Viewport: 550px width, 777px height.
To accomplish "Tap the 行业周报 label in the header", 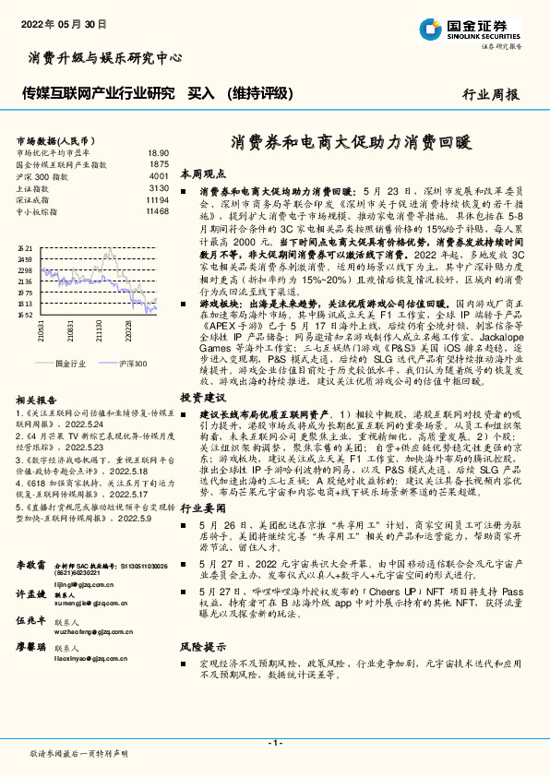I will pyautogui.click(x=490, y=93).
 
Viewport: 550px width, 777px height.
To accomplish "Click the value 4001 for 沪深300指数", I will pyautogui.click(x=158, y=175).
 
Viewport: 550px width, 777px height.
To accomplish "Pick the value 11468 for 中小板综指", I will pyautogui.click(x=157, y=211).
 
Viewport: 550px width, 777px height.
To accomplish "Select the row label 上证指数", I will pyautogui.click(x=33, y=187).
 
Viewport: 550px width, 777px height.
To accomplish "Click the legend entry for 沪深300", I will pyautogui.click(x=133, y=364).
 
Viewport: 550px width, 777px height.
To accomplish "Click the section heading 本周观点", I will pyautogui.click(x=202, y=173).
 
